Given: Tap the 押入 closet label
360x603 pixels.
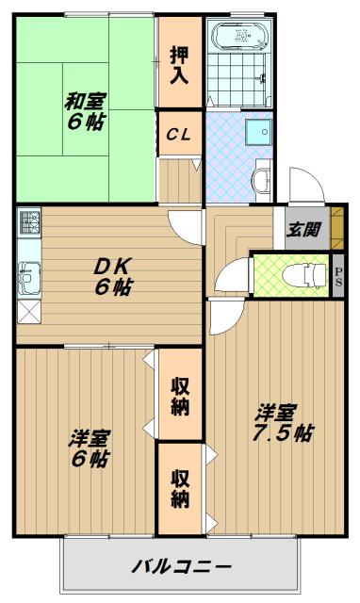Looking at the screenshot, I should click(179, 65).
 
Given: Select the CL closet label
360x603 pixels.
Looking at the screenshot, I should click(179, 134).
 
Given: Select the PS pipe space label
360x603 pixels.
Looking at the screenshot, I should click(338, 275).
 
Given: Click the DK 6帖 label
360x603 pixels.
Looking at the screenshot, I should click(112, 276).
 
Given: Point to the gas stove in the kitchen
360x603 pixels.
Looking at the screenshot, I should click(28, 223).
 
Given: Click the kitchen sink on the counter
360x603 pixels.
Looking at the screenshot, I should click(27, 277).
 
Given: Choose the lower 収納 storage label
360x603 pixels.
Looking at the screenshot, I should click(180, 486).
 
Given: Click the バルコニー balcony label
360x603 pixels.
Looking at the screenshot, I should click(181, 567).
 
